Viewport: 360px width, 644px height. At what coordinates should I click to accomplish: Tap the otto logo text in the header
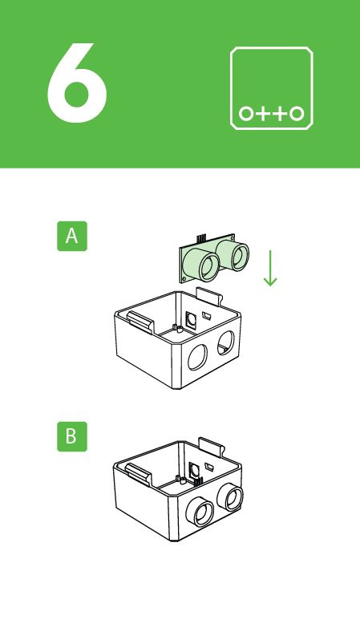pyautogui.click(x=271, y=113)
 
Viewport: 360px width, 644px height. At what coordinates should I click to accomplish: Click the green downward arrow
pyautogui.click(x=270, y=268)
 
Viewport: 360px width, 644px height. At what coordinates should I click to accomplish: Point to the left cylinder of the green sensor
pyautogui.click(x=205, y=266)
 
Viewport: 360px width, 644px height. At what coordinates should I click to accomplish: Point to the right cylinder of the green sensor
pyautogui.click(x=238, y=254)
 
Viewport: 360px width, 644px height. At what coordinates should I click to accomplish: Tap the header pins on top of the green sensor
pyautogui.click(x=200, y=238)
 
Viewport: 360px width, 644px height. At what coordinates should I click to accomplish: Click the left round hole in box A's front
pyautogui.click(x=197, y=355)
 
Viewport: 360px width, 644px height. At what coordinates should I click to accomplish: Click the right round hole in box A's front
pyautogui.click(x=227, y=341)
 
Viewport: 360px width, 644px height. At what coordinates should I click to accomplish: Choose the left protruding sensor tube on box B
pyautogui.click(x=198, y=510)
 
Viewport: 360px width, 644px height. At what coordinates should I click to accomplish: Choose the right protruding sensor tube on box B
pyautogui.click(x=233, y=498)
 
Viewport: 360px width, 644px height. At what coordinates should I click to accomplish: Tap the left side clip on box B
pyautogui.click(x=138, y=473)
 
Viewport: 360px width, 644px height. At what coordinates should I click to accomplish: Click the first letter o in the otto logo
pyautogui.click(x=246, y=113)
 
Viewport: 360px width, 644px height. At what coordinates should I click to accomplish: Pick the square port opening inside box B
pyautogui.click(x=192, y=469)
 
